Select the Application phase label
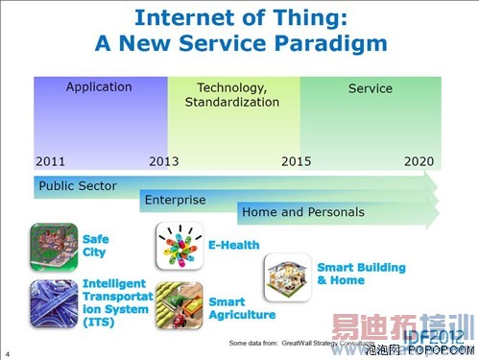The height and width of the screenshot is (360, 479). click(x=99, y=87)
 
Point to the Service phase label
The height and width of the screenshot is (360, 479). click(x=371, y=88)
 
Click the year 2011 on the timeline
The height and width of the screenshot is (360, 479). click(x=51, y=161)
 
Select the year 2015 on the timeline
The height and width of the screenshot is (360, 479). click(x=296, y=161)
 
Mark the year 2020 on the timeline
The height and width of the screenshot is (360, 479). click(x=419, y=161)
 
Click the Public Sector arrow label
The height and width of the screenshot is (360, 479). click(x=77, y=185)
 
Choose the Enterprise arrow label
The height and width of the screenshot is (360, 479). click(x=175, y=199)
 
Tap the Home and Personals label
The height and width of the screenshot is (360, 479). click(x=302, y=212)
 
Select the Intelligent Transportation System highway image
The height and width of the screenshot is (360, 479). click(x=54, y=303)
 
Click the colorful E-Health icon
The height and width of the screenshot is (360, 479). click(x=180, y=246)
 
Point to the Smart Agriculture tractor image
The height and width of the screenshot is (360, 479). click(x=180, y=306)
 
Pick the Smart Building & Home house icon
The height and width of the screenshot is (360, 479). click(x=288, y=277)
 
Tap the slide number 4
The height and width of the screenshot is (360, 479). click(x=8, y=351)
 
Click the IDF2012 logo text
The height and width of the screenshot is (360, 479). click(x=437, y=336)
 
